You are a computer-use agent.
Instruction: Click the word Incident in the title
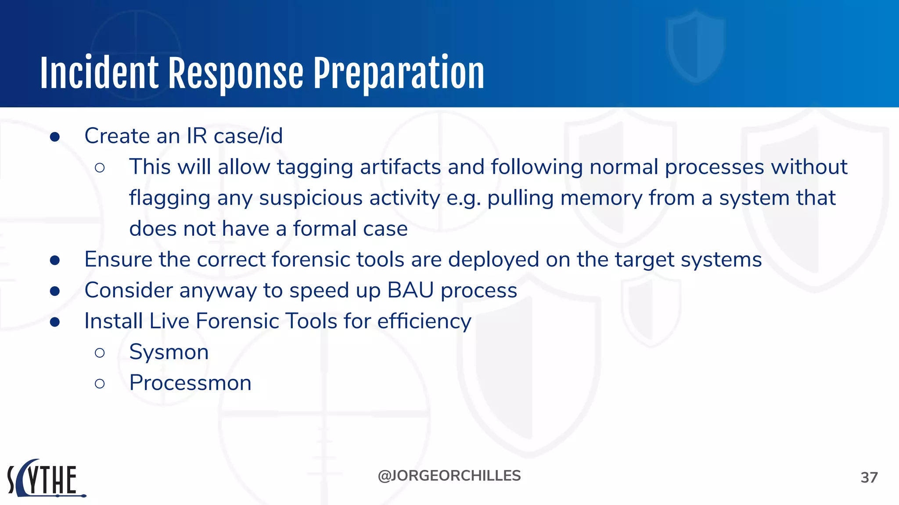tap(99, 73)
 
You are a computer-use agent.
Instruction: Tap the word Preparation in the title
tap(399, 73)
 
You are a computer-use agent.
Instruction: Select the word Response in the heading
tap(236, 73)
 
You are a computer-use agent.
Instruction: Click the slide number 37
tap(869, 477)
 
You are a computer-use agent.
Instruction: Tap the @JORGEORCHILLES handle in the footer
tap(449, 476)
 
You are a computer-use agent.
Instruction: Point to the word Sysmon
tap(169, 352)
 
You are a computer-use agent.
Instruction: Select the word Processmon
tap(190, 383)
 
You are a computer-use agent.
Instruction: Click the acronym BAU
tap(410, 290)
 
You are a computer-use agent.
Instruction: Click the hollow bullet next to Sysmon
tap(100, 352)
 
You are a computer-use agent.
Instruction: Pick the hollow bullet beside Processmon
tap(100, 384)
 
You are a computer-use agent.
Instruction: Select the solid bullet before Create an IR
tap(55, 137)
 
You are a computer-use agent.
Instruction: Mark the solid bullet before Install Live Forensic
tap(55, 322)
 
